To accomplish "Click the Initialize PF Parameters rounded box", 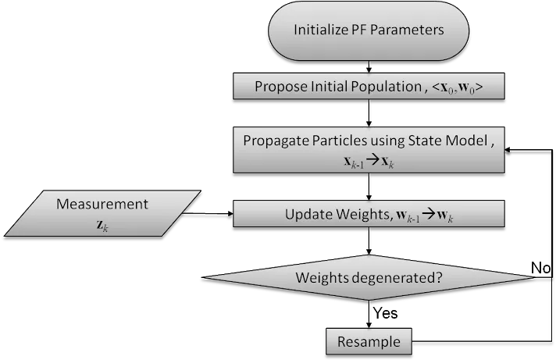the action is click(x=369, y=30).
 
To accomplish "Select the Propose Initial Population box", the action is click(x=369, y=86).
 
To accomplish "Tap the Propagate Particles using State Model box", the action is click(x=369, y=150).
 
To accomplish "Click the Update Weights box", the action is click(x=369, y=213).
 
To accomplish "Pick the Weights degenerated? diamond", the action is click(x=369, y=277).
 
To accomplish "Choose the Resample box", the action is click(x=369, y=341).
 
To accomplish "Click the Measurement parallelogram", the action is click(x=102, y=213).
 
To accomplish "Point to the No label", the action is click(x=540, y=268).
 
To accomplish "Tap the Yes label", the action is click(x=386, y=313).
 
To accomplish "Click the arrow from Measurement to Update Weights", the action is click(x=208, y=213).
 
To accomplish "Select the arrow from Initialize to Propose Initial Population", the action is click(x=369, y=67).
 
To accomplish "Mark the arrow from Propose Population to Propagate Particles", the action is click(x=369, y=113).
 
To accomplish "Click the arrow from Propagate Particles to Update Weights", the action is click(x=369, y=187).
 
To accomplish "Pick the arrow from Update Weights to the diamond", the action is click(x=369, y=241).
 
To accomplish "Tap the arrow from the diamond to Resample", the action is click(x=369, y=314).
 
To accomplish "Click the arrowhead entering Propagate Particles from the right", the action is click(x=508, y=150).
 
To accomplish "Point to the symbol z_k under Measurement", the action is click(x=102, y=226).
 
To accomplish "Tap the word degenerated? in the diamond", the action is click(x=401, y=278).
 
